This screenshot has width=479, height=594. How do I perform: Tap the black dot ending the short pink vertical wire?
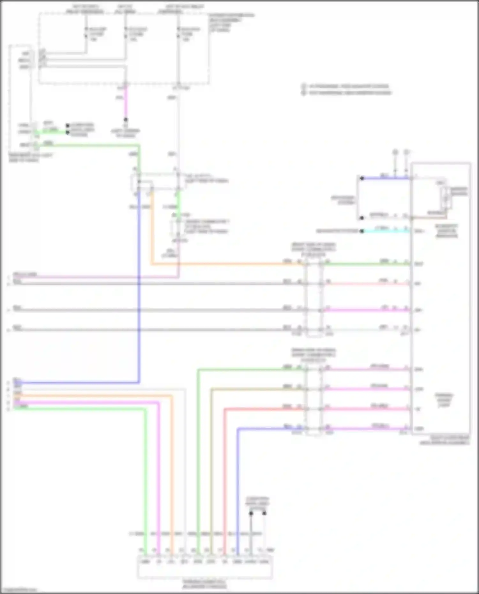(125, 120)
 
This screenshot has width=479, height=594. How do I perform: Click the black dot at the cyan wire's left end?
(361, 231)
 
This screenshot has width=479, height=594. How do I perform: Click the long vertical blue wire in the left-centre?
(139, 287)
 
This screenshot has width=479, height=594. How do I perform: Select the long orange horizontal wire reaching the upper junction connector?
(224, 264)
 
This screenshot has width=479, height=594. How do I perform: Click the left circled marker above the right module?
(395, 153)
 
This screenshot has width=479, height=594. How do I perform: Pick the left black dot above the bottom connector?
(251, 513)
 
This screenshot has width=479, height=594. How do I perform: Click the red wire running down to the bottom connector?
(225, 479)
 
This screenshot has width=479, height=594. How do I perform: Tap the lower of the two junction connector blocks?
(314, 401)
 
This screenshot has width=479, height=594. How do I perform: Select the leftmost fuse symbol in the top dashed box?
(86, 33)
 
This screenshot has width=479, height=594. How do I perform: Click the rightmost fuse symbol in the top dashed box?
(178, 33)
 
